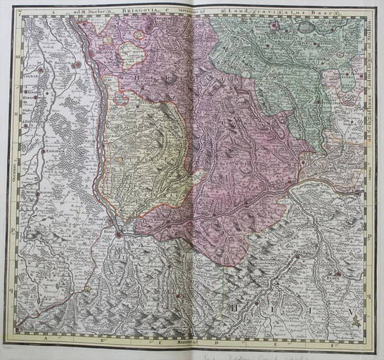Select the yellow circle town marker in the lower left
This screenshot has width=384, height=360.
coord(87,288)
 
